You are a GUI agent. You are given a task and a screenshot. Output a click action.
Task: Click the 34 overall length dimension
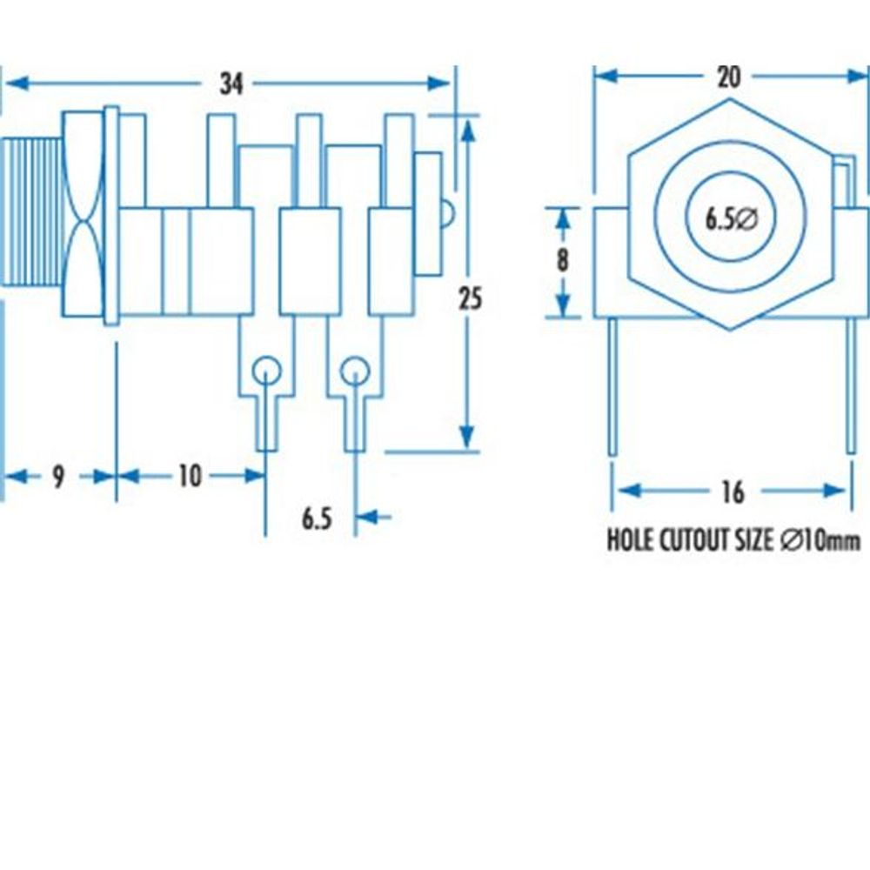[x=231, y=84]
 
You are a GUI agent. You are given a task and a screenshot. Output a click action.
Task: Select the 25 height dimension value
[x=470, y=298]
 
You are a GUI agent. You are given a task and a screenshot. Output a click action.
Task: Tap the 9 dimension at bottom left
[x=58, y=477]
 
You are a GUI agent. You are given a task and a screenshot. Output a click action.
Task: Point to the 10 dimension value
[x=189, y=476]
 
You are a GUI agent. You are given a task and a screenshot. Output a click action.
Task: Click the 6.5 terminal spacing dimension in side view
[x=317, y=519]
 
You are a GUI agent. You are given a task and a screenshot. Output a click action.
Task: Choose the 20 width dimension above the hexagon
[x=729, y=77]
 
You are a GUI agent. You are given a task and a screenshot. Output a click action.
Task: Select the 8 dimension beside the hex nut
[x=563, y=261]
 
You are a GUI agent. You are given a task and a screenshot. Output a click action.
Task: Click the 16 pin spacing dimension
[x=733, y=492]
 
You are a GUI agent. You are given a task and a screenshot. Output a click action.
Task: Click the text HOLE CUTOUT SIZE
[x=689, y=541]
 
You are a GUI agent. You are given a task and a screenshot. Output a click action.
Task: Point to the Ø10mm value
[x=820, y=541]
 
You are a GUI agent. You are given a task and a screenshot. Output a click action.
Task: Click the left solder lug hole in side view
[x=266, y=371]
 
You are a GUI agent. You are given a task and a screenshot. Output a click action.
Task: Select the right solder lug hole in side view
[x=354, y=371]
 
